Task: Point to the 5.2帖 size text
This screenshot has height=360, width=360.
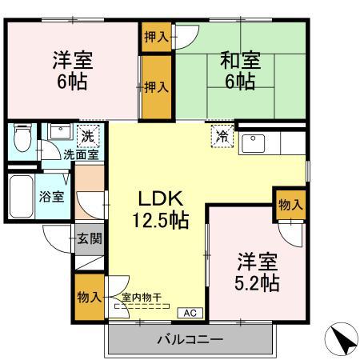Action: tap(257, 282)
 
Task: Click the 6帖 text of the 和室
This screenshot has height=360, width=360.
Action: tap(238, 82)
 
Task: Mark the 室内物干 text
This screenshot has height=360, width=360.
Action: tap(141, 298)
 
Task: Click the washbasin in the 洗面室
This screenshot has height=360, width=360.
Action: tap(58, 132)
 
